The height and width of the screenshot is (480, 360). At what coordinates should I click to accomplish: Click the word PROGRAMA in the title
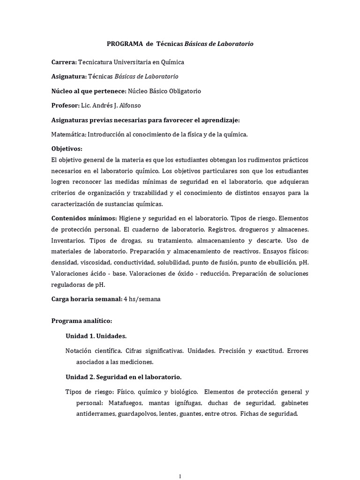(x=125, y=44)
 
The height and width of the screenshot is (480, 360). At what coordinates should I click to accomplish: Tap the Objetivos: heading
(x=67, y=149)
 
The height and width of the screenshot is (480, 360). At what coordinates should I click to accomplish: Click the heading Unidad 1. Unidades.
(x=96, y=336)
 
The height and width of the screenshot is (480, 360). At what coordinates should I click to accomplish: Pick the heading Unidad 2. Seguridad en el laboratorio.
(x=123, y=377)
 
